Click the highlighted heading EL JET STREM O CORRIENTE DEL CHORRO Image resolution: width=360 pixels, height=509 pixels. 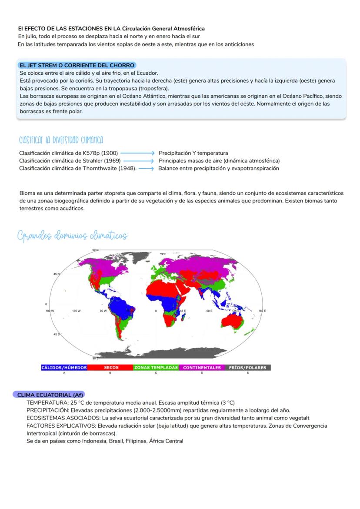[x=77, y=65]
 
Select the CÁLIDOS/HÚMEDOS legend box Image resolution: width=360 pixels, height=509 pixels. [x=64, y=367]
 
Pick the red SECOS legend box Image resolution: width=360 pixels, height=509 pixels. [x=110, y=367]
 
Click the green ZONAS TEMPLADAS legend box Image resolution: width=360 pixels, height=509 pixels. [x=156, y=367]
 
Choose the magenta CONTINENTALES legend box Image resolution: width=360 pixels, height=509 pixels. [x=202, y=367]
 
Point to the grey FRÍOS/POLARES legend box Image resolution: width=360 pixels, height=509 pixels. [x=247, y=367]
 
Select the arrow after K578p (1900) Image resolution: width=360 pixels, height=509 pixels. [x=137, y=153]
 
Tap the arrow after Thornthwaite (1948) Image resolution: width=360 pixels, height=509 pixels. [x=147, y=169]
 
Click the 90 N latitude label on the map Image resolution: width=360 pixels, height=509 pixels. [x=95, y=250]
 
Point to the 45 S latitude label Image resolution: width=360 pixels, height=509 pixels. [x=57, y=334]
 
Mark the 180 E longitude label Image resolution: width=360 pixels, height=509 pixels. [x=262, y=311]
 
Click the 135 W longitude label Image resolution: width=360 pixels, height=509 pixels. [x=77, y=311]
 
